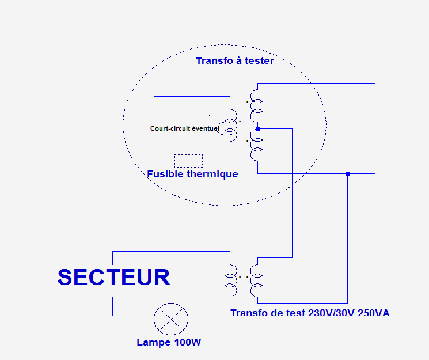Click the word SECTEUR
tap(114, 277)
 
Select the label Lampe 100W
tap(169, 342)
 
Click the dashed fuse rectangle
tap(188, 161)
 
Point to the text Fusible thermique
tap(192, 174)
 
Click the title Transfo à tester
tap(235, 60)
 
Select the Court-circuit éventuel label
tap(184, 128)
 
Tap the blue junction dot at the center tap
tap(257, 128)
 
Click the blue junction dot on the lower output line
tap(347, 173)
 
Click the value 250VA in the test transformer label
tap(374, 313)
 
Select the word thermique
tap(213, 174)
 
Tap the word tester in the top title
tap(259, 60)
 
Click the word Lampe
tap(153, 342)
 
